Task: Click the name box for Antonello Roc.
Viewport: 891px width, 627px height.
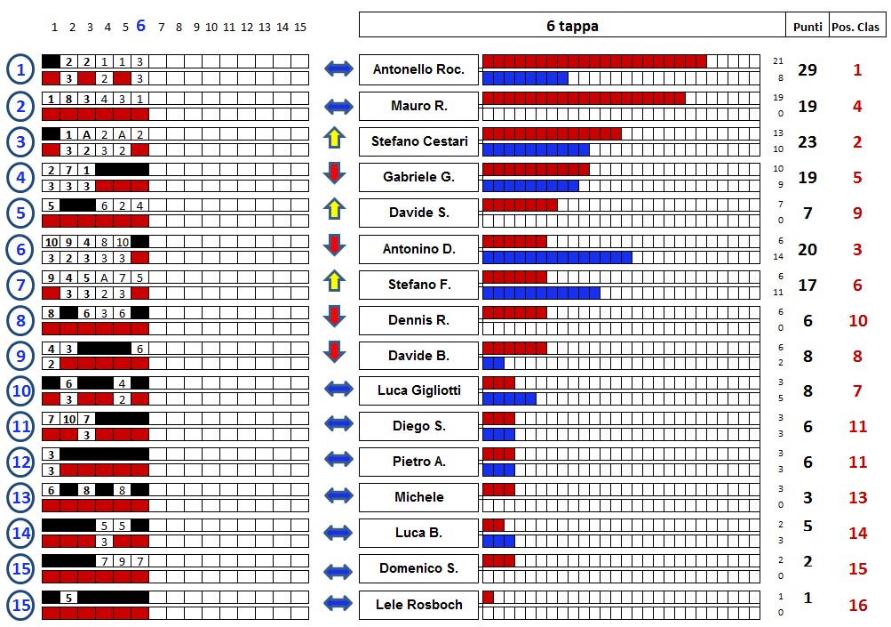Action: coord(418,69)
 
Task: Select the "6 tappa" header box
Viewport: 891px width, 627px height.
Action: coord(572,26)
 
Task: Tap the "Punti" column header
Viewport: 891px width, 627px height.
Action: coord(807,26)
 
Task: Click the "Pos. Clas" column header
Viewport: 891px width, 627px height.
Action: coord(856,26)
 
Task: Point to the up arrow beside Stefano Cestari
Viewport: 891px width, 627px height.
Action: coord(334,138)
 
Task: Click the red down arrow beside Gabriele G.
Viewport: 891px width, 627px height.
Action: coord(334,173)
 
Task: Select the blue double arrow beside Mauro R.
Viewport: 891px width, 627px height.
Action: coord(338,107)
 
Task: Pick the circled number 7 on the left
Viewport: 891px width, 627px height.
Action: coord(20,285)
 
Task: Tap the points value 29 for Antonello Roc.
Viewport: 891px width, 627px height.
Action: coord(807,70)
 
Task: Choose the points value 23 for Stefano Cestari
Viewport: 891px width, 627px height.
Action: coord(807,141)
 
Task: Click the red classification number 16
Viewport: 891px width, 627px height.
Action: coord(857,605)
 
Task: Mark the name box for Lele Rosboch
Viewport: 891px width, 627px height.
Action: coord(418,605)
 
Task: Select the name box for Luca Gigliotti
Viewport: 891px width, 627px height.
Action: coord(418,390)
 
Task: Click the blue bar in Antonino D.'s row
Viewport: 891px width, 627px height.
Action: coord(557,258)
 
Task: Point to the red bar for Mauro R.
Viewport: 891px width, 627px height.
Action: coord(584,98)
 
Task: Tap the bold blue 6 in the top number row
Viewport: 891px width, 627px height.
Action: coord(140,26)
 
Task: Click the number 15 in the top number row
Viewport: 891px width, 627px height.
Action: coord(300,28)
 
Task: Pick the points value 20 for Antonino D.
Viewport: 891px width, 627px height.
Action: coord(807,249)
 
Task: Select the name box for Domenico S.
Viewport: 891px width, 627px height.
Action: coord(418,568)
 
